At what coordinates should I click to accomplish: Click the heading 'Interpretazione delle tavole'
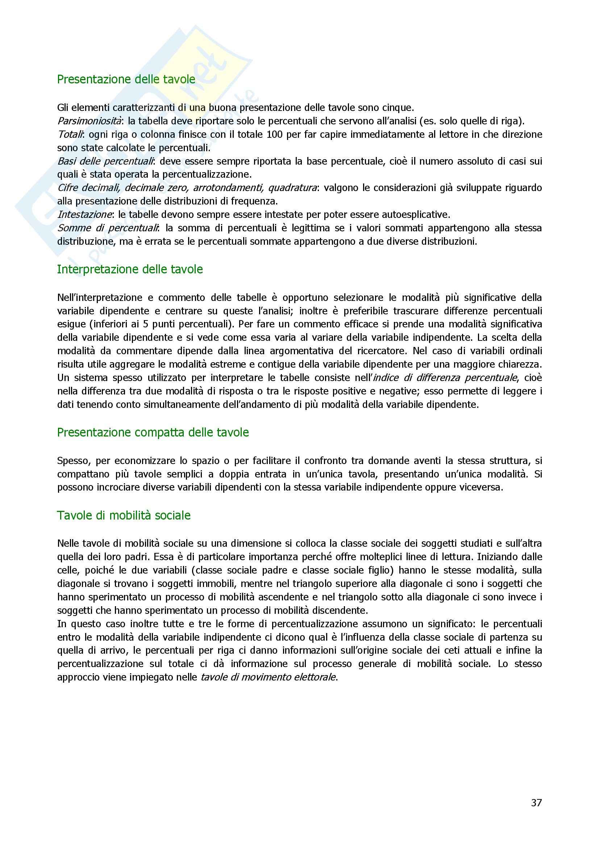[x=130, y=269]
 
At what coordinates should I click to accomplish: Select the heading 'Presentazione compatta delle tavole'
[x=153, y=432]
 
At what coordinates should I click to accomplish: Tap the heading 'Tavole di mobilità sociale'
[x=124, y=515]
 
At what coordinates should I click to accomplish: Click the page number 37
[x=536, y=803]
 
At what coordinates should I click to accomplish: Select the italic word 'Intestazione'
[x=84, y=215]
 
